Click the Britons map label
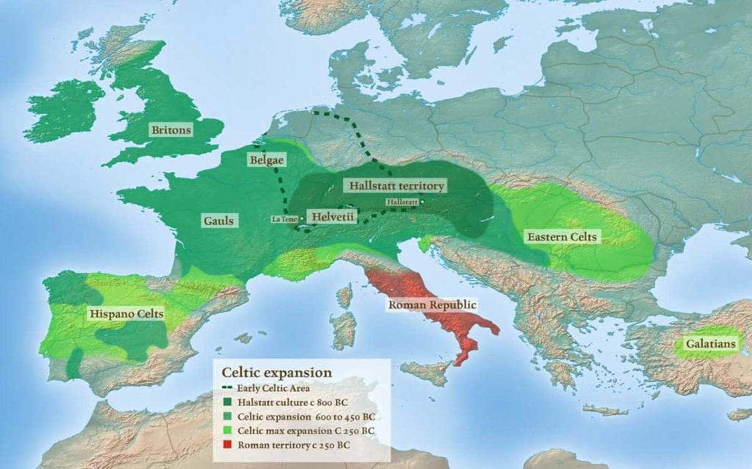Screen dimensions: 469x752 click(x=171, y=130)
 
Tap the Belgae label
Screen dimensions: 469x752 click(x=267, y=159)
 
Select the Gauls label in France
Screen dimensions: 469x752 click(x=219, y=220)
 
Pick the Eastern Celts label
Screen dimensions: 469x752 click(x=562, y=237)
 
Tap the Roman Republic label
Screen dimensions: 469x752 click(x=433, y=304)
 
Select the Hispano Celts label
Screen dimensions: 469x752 click(x=126, y=314)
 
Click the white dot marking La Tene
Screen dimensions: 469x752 click(x=302, y=218)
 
